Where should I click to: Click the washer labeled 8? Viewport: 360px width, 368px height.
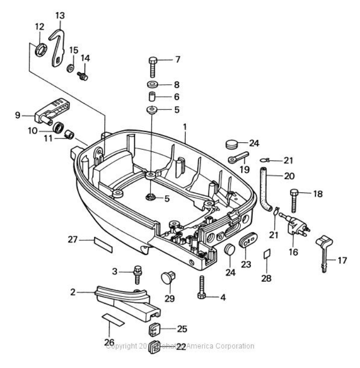(x=152, y=85)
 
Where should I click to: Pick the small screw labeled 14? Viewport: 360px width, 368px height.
(x=83, y=75)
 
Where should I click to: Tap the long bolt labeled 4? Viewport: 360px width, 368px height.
(x=201, y=286)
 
